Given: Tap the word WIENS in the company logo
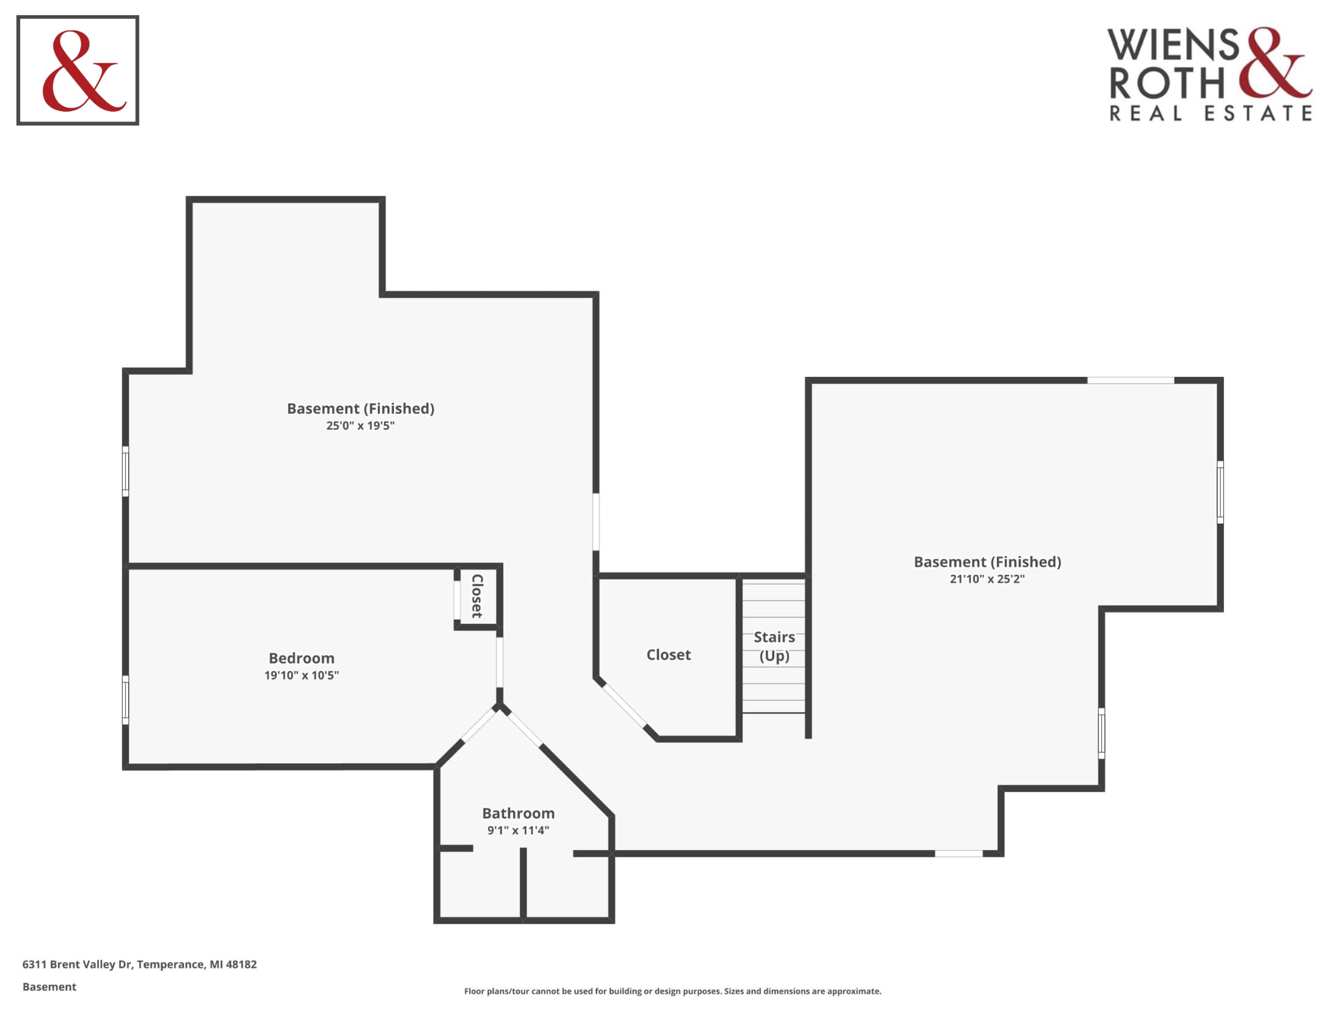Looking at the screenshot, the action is click(x=1173, y=45).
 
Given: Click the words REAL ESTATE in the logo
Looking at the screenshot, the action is click(x=1211, y=113).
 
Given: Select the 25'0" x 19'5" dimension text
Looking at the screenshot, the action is click(x=360, y=426).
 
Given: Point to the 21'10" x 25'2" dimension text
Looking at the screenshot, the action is click(x=987, y=579).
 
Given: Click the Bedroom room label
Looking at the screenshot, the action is click(x=302, y=659).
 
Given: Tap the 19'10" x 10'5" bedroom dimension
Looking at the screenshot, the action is click(x=302, y=676).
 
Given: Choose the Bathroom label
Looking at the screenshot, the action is click(x=518, y=813).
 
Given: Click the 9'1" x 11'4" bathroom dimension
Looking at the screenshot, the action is click(x=518, y=831).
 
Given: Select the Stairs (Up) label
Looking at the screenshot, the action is click(x=774, y=647).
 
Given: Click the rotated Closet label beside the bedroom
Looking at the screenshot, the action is click(x=478, y=596).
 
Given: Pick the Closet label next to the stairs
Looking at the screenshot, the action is click(x=669, y=656).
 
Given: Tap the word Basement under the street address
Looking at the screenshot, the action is click(x=50, y=986).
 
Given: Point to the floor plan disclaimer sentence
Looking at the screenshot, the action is click(x=672, y=991).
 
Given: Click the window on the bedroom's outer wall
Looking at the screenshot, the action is click(x=126, y=700).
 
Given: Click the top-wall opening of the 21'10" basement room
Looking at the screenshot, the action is click(x=1131, y=380).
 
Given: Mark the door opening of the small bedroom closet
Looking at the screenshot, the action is click(x=456, y=600).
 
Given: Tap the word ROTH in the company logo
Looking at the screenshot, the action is click(x=1167, y=83).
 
